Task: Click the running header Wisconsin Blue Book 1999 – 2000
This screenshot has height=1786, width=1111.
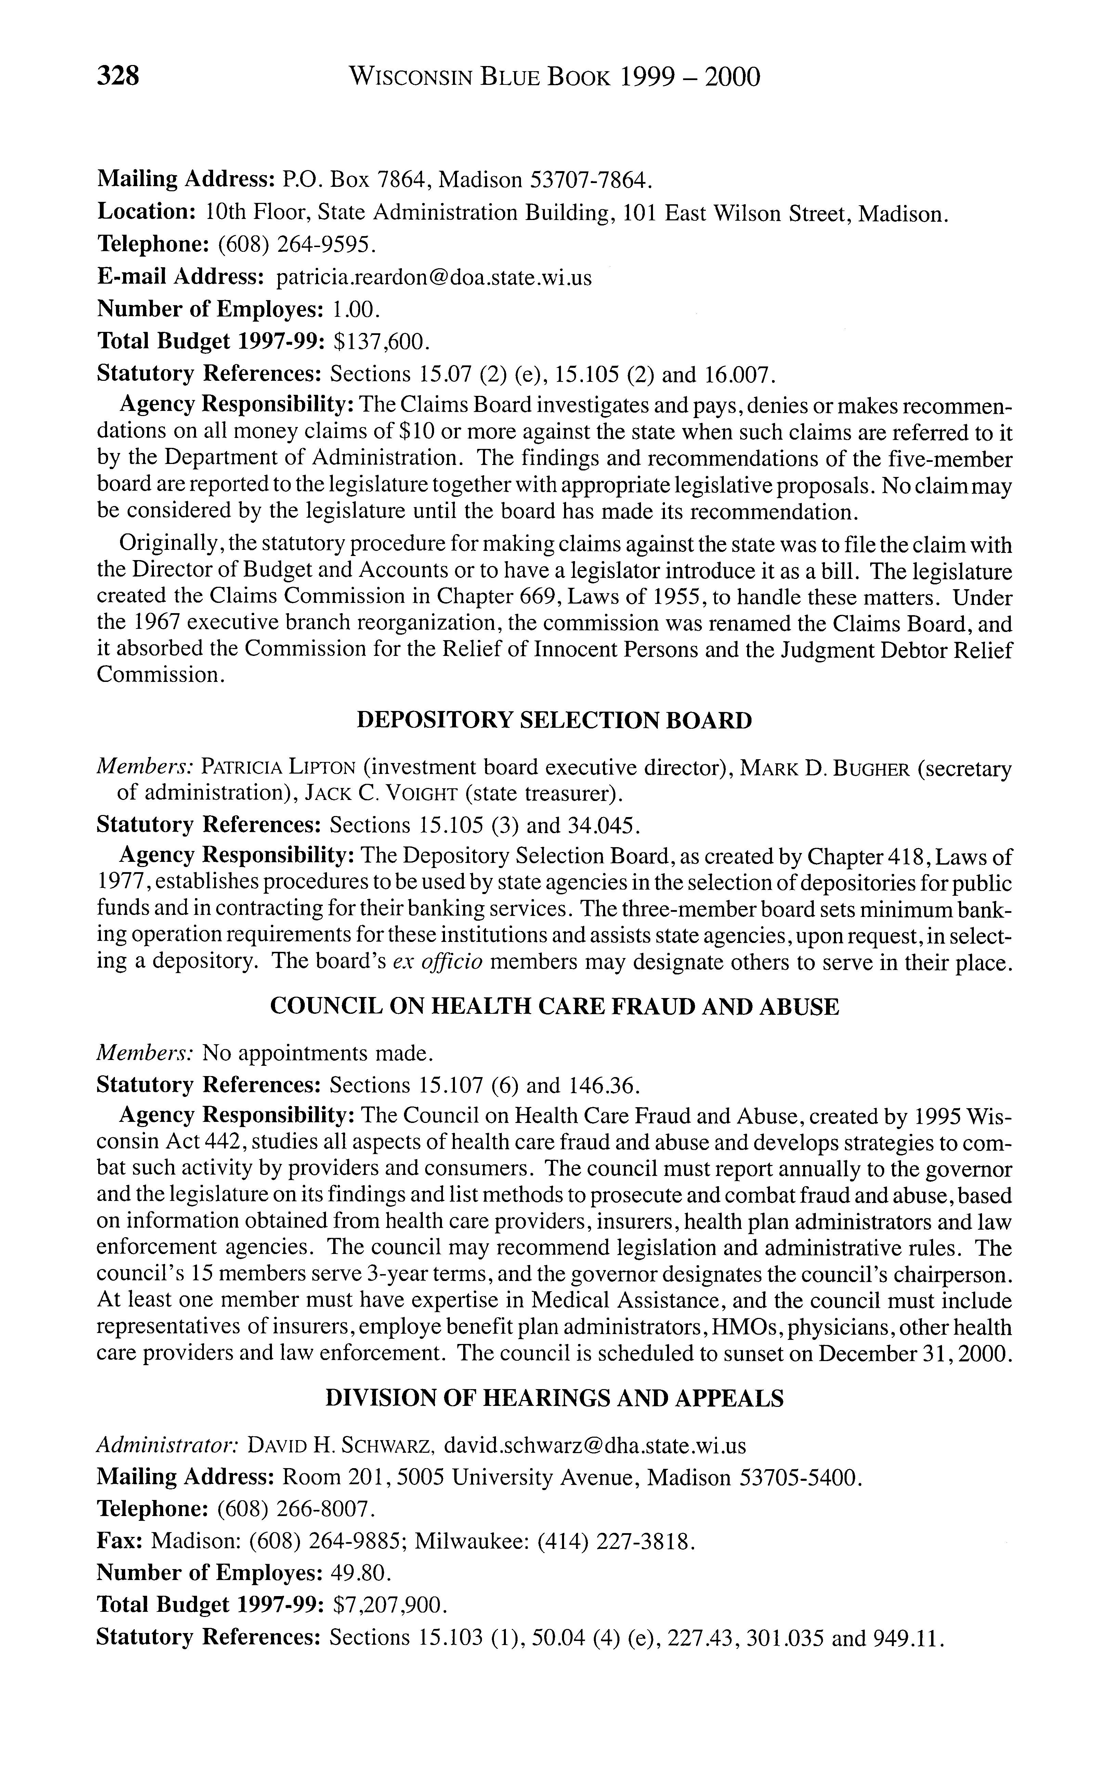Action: click(x=555, y=76)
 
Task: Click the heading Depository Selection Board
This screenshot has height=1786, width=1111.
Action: click(x=555, y=720)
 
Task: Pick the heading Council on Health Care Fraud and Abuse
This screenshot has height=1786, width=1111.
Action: click(x=555, y=1006)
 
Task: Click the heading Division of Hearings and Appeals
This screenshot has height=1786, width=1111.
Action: click(x=555, y=1399)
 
